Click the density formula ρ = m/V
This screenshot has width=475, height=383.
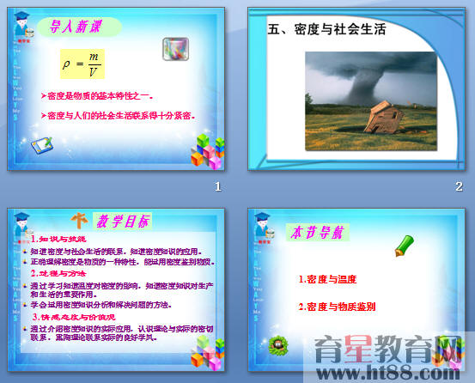tap(76, 64)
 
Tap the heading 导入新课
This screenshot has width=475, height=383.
tap(80, 27)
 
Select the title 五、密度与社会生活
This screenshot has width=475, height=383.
tap(327, 30)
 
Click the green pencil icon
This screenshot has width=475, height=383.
tap(404, 247)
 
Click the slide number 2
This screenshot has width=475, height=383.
tap(459, 186)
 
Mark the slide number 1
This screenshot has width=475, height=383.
tap(218, 186)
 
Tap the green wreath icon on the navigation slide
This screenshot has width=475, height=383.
tap(278, 345)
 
